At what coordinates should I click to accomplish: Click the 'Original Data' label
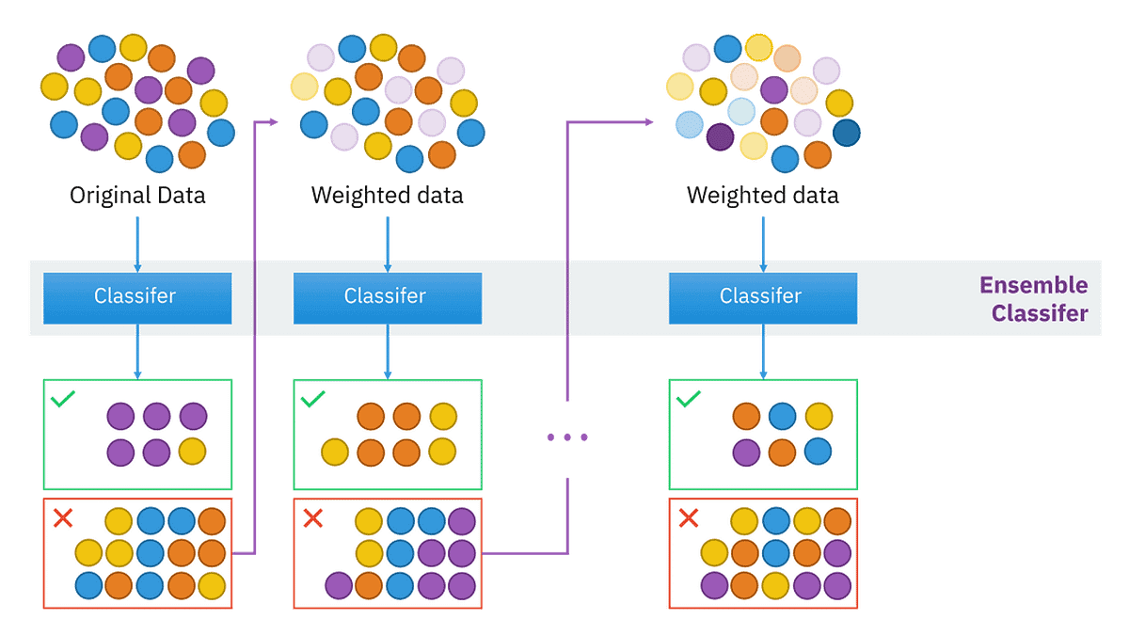[137, 197]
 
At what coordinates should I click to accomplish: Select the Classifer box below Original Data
[137, 297]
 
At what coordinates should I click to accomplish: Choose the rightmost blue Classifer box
[762, 297]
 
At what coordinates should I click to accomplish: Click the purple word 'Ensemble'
[1033, 285]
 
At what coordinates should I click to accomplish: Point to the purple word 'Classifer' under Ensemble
[1040, 313]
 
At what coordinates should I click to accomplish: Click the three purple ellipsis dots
[567, 437]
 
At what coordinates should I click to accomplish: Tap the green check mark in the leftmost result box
[63, 400]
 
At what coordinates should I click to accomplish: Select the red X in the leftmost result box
[63, 518]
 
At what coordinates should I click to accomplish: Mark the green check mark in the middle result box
[312, 400]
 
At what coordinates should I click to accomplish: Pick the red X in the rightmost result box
[689, 518]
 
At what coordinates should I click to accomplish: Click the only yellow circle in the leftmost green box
[192, 452]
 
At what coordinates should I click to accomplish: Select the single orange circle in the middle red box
[369, 585]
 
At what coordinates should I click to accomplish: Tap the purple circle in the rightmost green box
[746, 452]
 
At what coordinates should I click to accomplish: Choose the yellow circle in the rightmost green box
[819, 416]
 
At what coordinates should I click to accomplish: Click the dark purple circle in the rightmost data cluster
[720, 137]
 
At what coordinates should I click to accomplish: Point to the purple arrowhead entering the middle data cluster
[275, 121]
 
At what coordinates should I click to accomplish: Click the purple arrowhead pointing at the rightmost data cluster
[649, 121]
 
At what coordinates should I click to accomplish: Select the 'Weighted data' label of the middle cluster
[388, 197]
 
